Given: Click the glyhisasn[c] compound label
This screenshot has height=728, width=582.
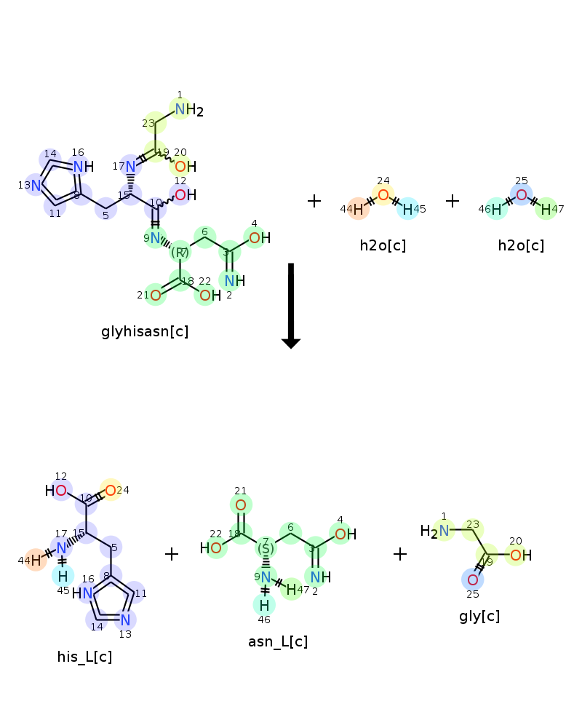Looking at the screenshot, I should [145, 332].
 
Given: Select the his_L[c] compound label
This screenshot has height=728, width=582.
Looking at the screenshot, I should [84, 657].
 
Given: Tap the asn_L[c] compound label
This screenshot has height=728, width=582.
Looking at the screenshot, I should [278, 641].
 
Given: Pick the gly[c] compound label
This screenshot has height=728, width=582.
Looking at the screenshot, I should [479, 617].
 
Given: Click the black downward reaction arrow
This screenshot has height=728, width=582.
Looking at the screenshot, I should [291, 306].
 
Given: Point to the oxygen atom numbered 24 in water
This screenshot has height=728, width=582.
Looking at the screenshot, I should [383, 195].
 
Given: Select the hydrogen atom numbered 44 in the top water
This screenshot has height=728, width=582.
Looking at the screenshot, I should [358, 209].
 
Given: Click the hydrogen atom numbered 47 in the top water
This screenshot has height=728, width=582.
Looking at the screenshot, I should [545, 209].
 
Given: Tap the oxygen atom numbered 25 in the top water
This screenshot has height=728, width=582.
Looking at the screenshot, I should [521, 194].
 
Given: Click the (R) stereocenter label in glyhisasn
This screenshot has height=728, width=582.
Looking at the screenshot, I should [180, 253].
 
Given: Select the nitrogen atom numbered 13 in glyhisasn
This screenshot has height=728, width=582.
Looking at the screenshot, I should [36, 185].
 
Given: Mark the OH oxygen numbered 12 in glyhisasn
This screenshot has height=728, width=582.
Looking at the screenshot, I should [180, 195].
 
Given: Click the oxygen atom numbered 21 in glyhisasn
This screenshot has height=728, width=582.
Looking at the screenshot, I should [156, 295].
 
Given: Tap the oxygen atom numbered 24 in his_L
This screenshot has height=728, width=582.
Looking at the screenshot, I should [110, 490].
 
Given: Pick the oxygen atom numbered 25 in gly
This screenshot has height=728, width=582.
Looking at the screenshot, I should [472, 579].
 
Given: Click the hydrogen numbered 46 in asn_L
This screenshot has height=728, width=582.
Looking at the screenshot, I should [265, 604].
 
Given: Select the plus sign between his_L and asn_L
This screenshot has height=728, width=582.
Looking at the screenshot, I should [172, 555].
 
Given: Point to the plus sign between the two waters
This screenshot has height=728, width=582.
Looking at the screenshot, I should [453, 201].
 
